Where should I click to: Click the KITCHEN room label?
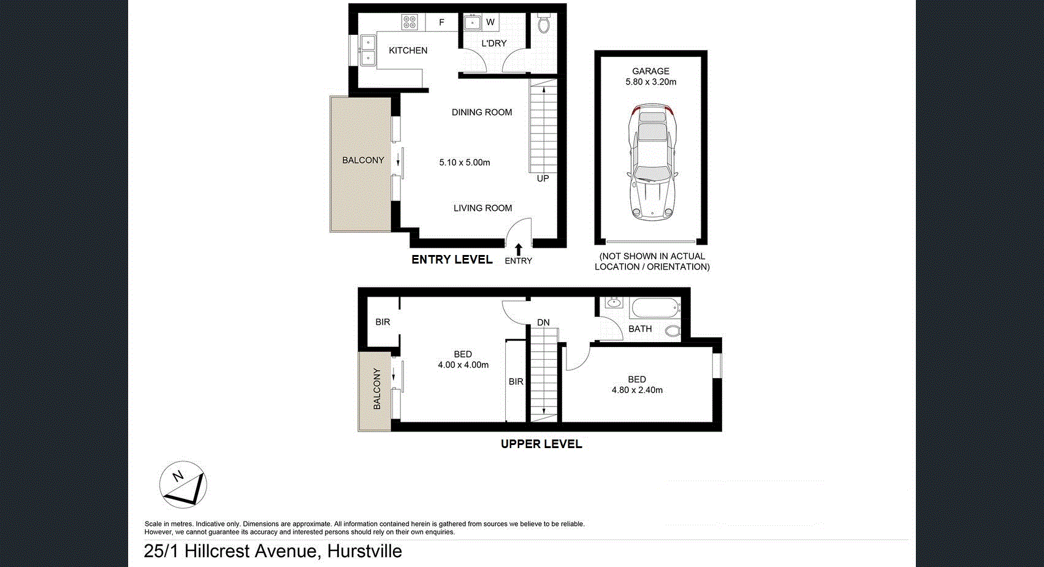(x=408, y=50)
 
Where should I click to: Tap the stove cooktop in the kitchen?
(x=410, y=23)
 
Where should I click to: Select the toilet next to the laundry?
(x=543, y=24)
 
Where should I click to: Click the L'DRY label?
(x=493, y=44)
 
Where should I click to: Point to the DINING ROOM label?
(x=481, y=112)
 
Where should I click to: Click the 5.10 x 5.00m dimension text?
(x=464, y=162)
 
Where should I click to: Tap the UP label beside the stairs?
(x=543, y=178)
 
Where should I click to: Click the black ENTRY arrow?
(x=519, y=249)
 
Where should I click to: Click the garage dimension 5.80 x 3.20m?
(x=650, y=82)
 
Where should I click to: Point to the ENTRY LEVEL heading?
(x=452, y=259)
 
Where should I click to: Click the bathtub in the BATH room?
(x=655, y=307)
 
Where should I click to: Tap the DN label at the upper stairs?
(x=543, y=322)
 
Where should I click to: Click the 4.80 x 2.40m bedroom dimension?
(x=637, y=390)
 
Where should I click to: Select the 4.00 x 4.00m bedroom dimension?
(x=463, y=365)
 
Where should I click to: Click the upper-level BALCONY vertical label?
(x=376, y=389)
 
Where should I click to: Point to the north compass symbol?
(x=183, y=484)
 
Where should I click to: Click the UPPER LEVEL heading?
(x=541, y=444)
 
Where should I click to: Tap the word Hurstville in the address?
(x=364, y=551)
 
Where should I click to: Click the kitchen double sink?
(x=367, y=50)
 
